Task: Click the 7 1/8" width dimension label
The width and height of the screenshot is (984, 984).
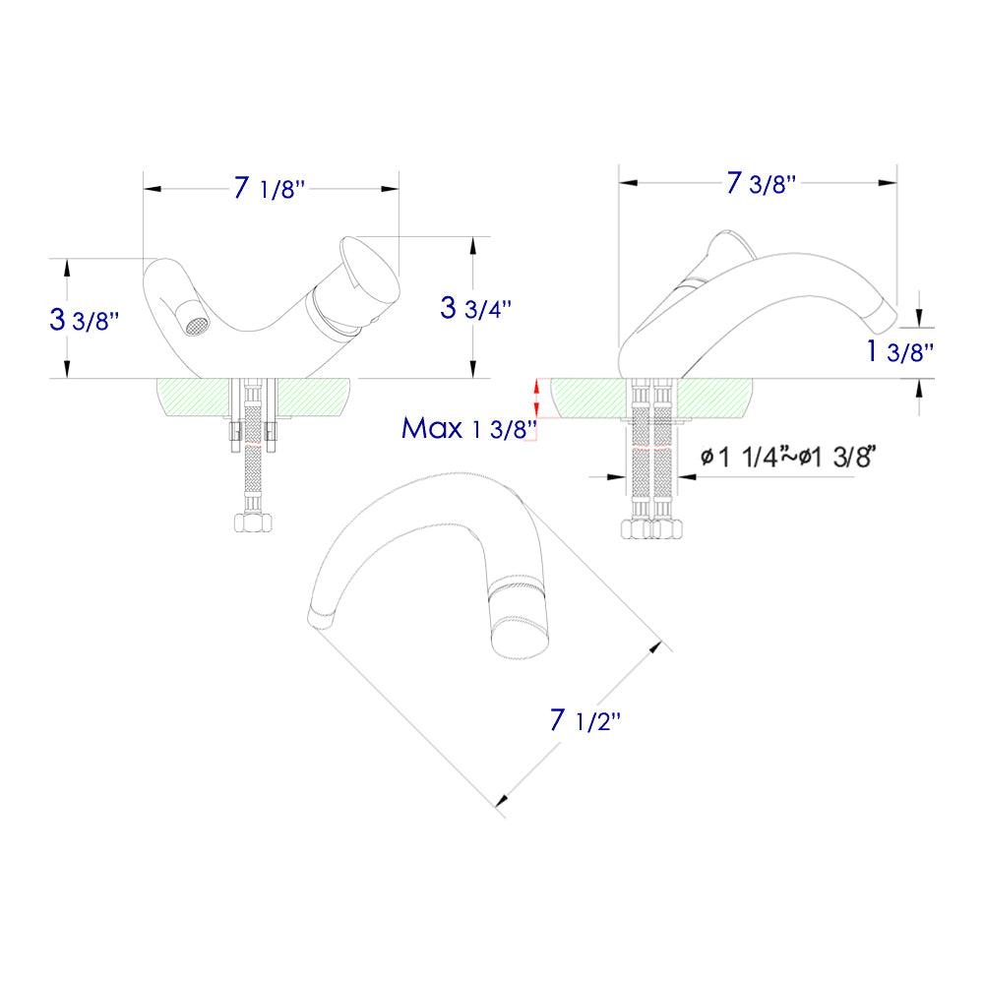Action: (270, 188)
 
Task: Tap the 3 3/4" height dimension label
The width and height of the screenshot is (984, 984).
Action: (476, 307)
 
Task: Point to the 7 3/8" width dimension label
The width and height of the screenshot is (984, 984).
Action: (760, 184)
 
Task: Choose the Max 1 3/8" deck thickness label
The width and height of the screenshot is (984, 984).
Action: (468, 428)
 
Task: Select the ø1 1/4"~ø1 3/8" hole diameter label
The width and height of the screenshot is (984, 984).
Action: (787, 457)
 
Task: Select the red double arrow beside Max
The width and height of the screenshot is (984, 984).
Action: (536, 398)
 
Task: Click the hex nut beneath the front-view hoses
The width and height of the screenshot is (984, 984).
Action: (253, 523)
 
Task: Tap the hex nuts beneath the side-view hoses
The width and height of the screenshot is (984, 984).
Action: (652, 528)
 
